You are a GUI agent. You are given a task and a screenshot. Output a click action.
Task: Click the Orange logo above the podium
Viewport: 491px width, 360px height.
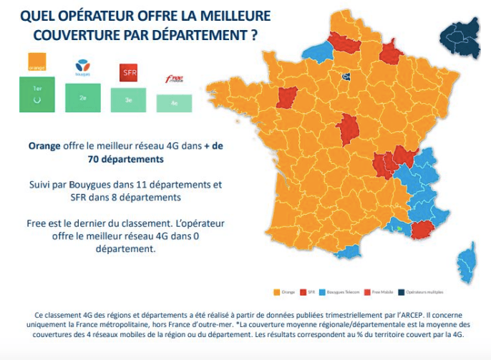click(37, 62)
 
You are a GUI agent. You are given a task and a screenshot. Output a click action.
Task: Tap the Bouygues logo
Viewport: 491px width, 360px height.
click(83, 69)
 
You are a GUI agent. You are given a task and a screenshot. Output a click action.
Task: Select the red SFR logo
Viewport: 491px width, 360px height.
click(128, 73)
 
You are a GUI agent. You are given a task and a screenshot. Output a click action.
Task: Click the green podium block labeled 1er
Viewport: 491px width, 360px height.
click(37, 94)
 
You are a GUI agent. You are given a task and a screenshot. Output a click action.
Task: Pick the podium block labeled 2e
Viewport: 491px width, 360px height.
click(83, 98)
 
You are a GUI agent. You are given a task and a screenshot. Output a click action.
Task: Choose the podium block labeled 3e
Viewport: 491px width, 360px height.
click(129, 101)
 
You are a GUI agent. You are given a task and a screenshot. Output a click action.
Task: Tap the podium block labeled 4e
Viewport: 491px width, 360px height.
click(174, 104)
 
